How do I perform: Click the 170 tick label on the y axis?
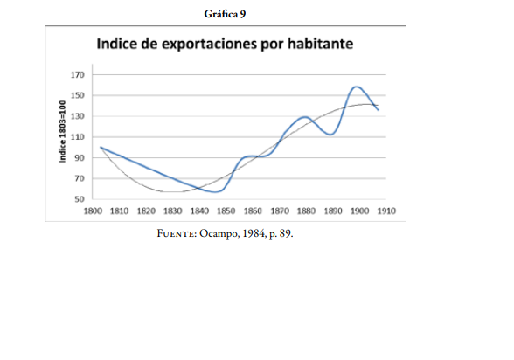(77, 75)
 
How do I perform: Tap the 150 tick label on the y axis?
(77, 96)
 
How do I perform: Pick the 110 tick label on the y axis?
(77, 137)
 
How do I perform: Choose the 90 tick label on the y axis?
(79, 158)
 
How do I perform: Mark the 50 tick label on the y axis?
(79, 199)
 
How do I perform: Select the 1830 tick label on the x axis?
(172, 211)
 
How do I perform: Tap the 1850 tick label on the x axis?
(226, 211)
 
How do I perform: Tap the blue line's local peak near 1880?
(303, 116)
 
